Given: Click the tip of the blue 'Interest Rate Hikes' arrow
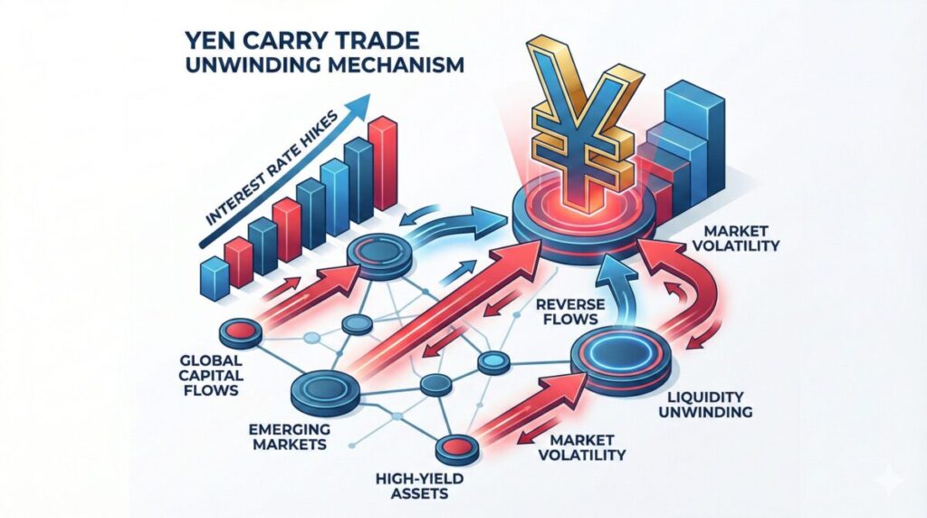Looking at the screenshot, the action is [370, 93].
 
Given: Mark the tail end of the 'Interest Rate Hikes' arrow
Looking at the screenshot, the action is [201, 245].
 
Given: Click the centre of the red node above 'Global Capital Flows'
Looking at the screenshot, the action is [239, 330].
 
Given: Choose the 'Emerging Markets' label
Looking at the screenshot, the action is [290, 436].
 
